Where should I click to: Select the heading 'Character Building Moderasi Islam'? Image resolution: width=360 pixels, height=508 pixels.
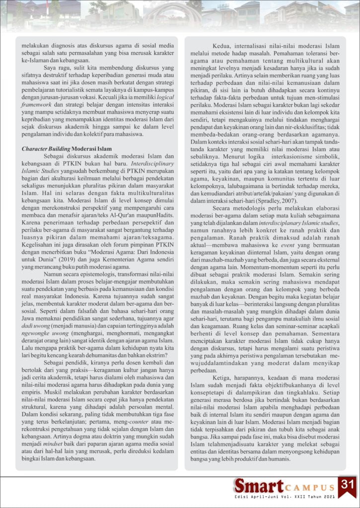pos(67,148)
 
